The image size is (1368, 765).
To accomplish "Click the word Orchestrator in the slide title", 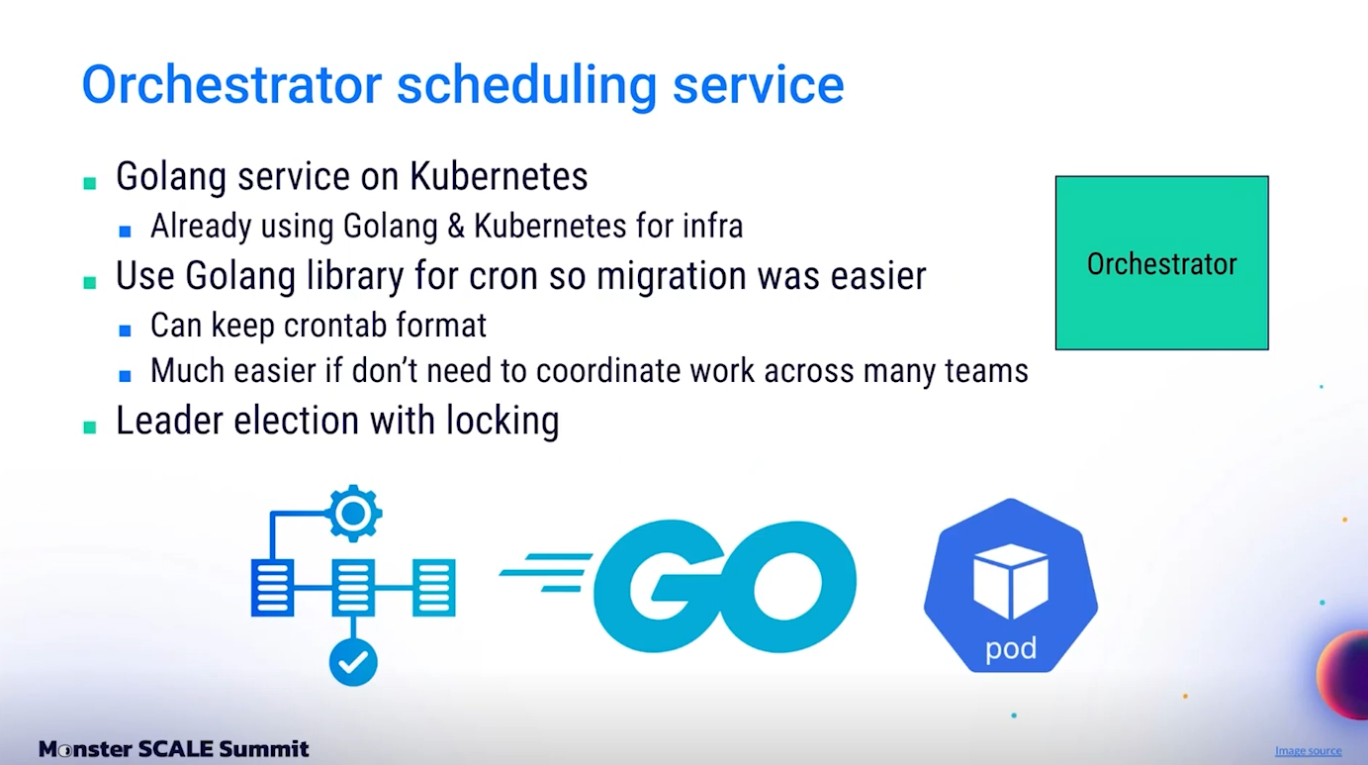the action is click(x=232, y=84).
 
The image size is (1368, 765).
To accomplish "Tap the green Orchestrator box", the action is click(x=1161, y=262).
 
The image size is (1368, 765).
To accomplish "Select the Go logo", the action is click(x=678, y=585).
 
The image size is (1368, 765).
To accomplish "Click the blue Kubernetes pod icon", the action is click(x=1011, y=585).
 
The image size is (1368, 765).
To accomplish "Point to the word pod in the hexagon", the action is click(x=1011, y=648).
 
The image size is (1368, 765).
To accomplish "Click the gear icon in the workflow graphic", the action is click(x=353, y=514).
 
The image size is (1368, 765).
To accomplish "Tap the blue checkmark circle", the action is click(x=353, y=662).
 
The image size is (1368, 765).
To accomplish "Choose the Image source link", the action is click(x=1308, y=750).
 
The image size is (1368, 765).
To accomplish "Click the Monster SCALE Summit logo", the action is click(x=174, y=748).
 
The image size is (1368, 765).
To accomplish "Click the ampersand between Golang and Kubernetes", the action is click(x=456, y=226).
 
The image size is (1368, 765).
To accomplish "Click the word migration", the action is click(x=672, y=276).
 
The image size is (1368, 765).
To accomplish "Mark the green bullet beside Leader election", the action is click(x=90, y=428).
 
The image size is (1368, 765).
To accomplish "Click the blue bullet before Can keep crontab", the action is click(x=126, y=331).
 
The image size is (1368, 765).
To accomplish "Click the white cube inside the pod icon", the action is click(x=1011, y=581).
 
